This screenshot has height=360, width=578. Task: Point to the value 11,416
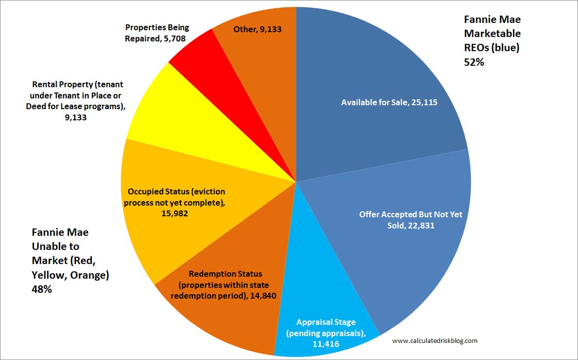326,343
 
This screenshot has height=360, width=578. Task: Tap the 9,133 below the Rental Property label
75,117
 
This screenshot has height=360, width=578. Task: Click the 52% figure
474,61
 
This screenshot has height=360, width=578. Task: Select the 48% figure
42,289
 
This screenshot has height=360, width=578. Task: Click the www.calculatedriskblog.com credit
435,341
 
